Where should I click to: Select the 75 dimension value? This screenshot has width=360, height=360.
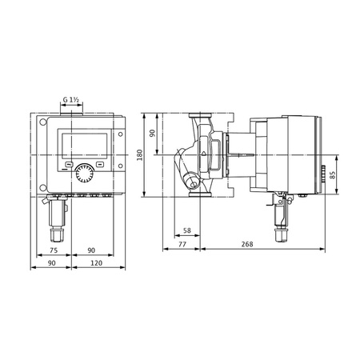pos(52,248)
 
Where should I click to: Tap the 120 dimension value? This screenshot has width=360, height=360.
pos(96,262)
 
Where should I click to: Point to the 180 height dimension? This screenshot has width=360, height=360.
pos(139,153)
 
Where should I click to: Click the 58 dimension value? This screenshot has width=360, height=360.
pos(187,231)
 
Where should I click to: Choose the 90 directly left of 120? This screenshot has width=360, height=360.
pos(52,262)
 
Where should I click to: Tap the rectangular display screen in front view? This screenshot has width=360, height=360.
pos(84,146)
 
